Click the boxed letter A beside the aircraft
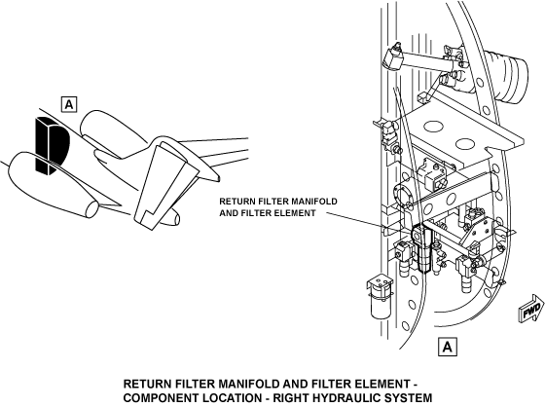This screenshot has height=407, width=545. (x=69, y=104)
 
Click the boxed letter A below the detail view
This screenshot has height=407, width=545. (x=448, y=347)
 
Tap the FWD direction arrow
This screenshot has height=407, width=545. (x=531, y=308)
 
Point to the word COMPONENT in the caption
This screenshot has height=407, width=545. (x=156, y=397)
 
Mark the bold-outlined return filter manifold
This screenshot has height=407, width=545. (x=421, y=248)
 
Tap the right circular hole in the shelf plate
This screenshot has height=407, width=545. (x=465, y=144)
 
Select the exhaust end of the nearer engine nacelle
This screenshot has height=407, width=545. (x=92, y=209)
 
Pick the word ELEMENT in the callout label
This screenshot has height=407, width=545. (x=297, y=213)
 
